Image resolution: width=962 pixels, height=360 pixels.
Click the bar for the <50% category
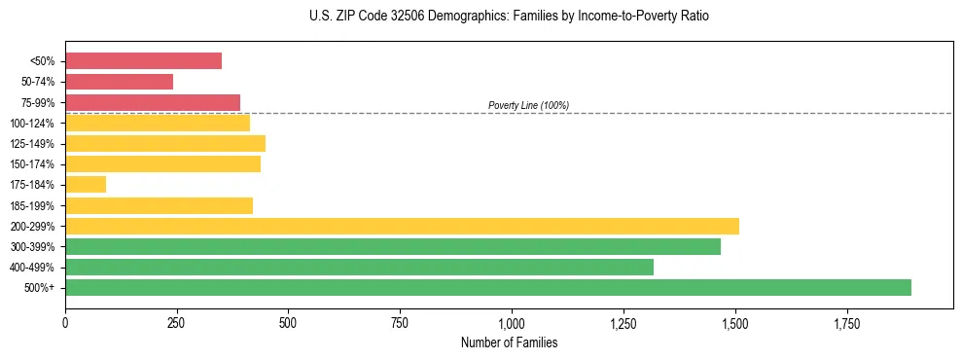[143, 61]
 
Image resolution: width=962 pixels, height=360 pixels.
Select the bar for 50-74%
[119, 82]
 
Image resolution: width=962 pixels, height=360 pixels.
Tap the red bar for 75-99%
[153, 102]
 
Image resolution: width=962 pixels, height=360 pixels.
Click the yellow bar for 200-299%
[402, 227]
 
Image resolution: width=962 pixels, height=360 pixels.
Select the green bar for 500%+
[488, 287]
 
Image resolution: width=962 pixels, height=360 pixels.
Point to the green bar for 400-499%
[359, 267]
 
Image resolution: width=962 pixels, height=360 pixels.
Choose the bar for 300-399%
[393, 247]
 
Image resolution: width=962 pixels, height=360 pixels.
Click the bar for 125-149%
[165, 144]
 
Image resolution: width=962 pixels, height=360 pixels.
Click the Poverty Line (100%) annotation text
[528, 105]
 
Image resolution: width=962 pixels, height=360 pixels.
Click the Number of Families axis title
[509, 342]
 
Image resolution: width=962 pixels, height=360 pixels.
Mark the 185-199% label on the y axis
[32, 206]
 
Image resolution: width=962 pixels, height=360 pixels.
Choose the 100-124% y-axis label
[32, 124]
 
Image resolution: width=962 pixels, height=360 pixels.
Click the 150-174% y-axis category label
[32, 164]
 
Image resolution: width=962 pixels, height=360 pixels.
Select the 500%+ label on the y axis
[40, 288]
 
